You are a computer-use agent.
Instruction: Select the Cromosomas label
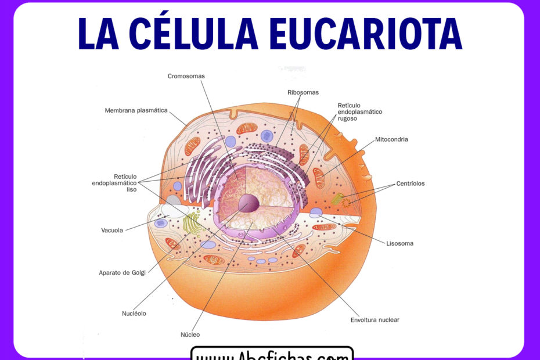tap(186, 76)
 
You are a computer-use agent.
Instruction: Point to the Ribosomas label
tap(303, 92)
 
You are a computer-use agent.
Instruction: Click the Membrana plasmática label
tap(136, 110)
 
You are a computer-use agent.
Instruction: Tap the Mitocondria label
tap(391, 139)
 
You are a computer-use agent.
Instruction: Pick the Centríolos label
tap(410, 183)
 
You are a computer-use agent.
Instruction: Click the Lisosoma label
tap(399, 243)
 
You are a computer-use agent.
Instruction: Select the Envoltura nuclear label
tap(375, 320)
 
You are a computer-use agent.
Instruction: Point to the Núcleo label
tap(190, 334)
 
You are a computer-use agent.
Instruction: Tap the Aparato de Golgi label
tap(122, 272)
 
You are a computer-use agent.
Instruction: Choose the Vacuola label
tap(112, 230)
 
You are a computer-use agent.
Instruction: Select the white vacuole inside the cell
tap(174, 209)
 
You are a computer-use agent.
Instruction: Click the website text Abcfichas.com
tap(272, 354)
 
